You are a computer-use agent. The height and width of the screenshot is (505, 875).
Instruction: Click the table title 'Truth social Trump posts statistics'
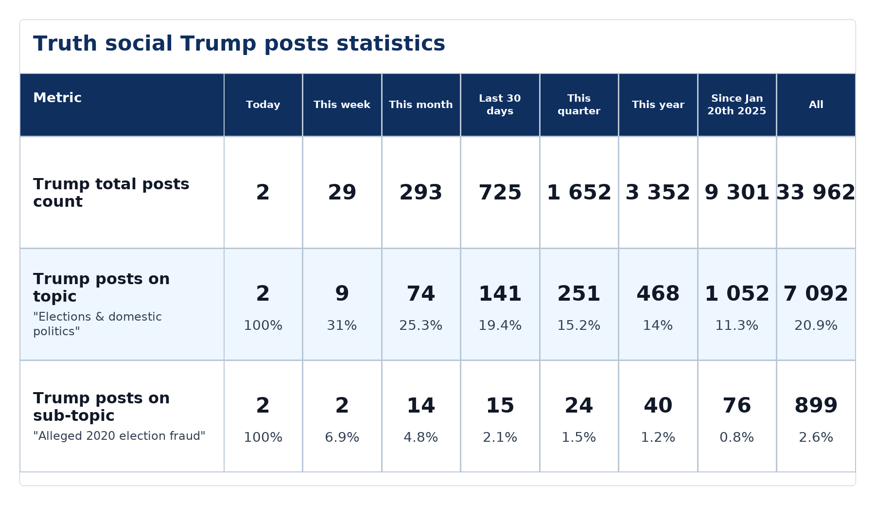[x=239, y=44]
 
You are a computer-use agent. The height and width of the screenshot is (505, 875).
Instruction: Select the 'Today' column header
[x=263, y=105]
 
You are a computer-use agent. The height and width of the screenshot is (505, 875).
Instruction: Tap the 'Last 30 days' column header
[x=500, y=105]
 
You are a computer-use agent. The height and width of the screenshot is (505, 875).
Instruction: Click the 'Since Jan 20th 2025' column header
[x=737, y=105]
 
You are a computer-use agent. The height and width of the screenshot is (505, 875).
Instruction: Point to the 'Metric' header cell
[x=57, y=98]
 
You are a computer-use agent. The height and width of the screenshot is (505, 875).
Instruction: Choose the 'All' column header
[x=816, y=105]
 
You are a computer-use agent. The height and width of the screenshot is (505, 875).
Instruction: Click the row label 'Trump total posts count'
[x=111, y=193]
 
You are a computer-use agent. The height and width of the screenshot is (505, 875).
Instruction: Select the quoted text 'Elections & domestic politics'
[x=97, y=324]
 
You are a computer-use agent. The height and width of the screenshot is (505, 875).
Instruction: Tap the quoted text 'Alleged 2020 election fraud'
[x=119, y=436]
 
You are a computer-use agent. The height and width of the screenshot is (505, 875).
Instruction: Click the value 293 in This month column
[x=421, y=193]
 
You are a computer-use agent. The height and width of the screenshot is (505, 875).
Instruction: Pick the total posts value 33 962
[x=816, y=193]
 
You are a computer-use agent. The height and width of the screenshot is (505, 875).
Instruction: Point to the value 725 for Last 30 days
[x=500, y=193]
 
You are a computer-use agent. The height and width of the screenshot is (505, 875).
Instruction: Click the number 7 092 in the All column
[x=816, y=294]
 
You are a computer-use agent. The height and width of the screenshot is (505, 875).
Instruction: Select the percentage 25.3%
[x=421, y=325]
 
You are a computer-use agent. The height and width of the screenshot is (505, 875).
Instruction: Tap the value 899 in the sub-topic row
[x=816, y=406]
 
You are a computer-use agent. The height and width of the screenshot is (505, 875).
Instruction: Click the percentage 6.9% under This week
[x=342, y=437]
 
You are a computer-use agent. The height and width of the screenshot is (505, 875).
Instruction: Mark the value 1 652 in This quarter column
[x=579, y=193]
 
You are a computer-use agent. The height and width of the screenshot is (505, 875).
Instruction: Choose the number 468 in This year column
[x=658, y=294]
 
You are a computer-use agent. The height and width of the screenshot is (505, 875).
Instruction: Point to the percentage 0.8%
[x=737, y=437]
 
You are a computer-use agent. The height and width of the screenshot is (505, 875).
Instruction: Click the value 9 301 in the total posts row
[x=737, y=193]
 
